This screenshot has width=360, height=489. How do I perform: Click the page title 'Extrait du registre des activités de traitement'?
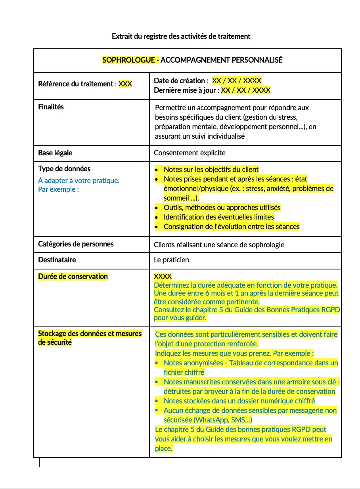coord(181,36)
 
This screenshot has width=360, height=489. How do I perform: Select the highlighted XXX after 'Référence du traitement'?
coord(125,84)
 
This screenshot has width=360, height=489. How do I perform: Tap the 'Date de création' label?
coord(179,81)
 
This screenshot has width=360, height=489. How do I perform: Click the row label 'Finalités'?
coord(51,107)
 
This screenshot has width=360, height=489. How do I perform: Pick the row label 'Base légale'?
coord(55,153)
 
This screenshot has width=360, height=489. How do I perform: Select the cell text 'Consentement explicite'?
coord(190,153)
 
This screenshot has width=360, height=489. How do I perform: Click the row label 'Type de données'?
coord(64,169)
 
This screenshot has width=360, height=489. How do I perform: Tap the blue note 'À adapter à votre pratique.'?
coord(79,181)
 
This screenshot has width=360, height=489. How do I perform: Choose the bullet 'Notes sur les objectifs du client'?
coord(211,170)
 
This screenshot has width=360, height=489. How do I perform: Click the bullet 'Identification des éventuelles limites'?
coord(219,217)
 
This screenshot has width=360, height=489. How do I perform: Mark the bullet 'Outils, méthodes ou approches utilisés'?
coord(222,208)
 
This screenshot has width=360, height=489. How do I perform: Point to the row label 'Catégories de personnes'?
coord(76,244)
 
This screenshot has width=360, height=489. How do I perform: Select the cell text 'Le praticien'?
coord(171,260)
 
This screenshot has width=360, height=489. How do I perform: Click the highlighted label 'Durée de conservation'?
coord(73,277)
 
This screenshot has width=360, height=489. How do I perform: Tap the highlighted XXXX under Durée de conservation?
coord(163,277)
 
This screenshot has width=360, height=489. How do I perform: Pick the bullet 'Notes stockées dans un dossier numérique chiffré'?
coord(239,401)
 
